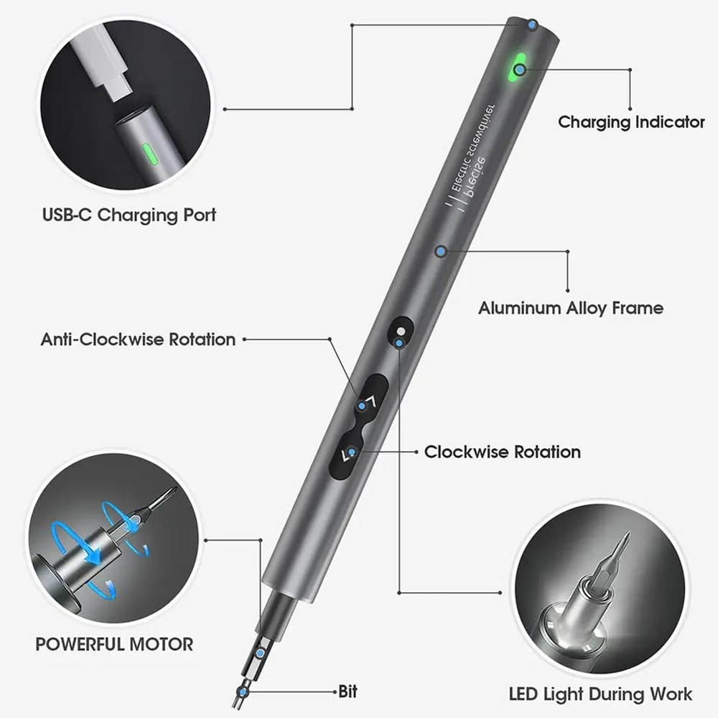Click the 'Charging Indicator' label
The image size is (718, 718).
tap(631, 122)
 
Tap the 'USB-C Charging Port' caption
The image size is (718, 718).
tap(129, 214)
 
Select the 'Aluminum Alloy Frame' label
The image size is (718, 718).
tap(571, 308)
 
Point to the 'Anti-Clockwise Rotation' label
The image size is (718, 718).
tap(138, 339)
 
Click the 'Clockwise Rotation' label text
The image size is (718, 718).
tap(502, 452)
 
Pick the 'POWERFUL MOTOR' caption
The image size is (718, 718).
tap(114, 644)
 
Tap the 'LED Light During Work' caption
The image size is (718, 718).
tap(600, 694)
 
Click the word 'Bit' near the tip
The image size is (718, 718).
tap(348, 692)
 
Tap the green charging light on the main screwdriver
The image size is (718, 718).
tap(518, 69)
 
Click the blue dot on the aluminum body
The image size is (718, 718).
tap(441, 251)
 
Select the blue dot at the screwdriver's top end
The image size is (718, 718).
tap(531, 25)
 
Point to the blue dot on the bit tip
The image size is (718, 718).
tap(243, 691)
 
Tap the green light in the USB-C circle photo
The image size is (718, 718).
tap(149, 153)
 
